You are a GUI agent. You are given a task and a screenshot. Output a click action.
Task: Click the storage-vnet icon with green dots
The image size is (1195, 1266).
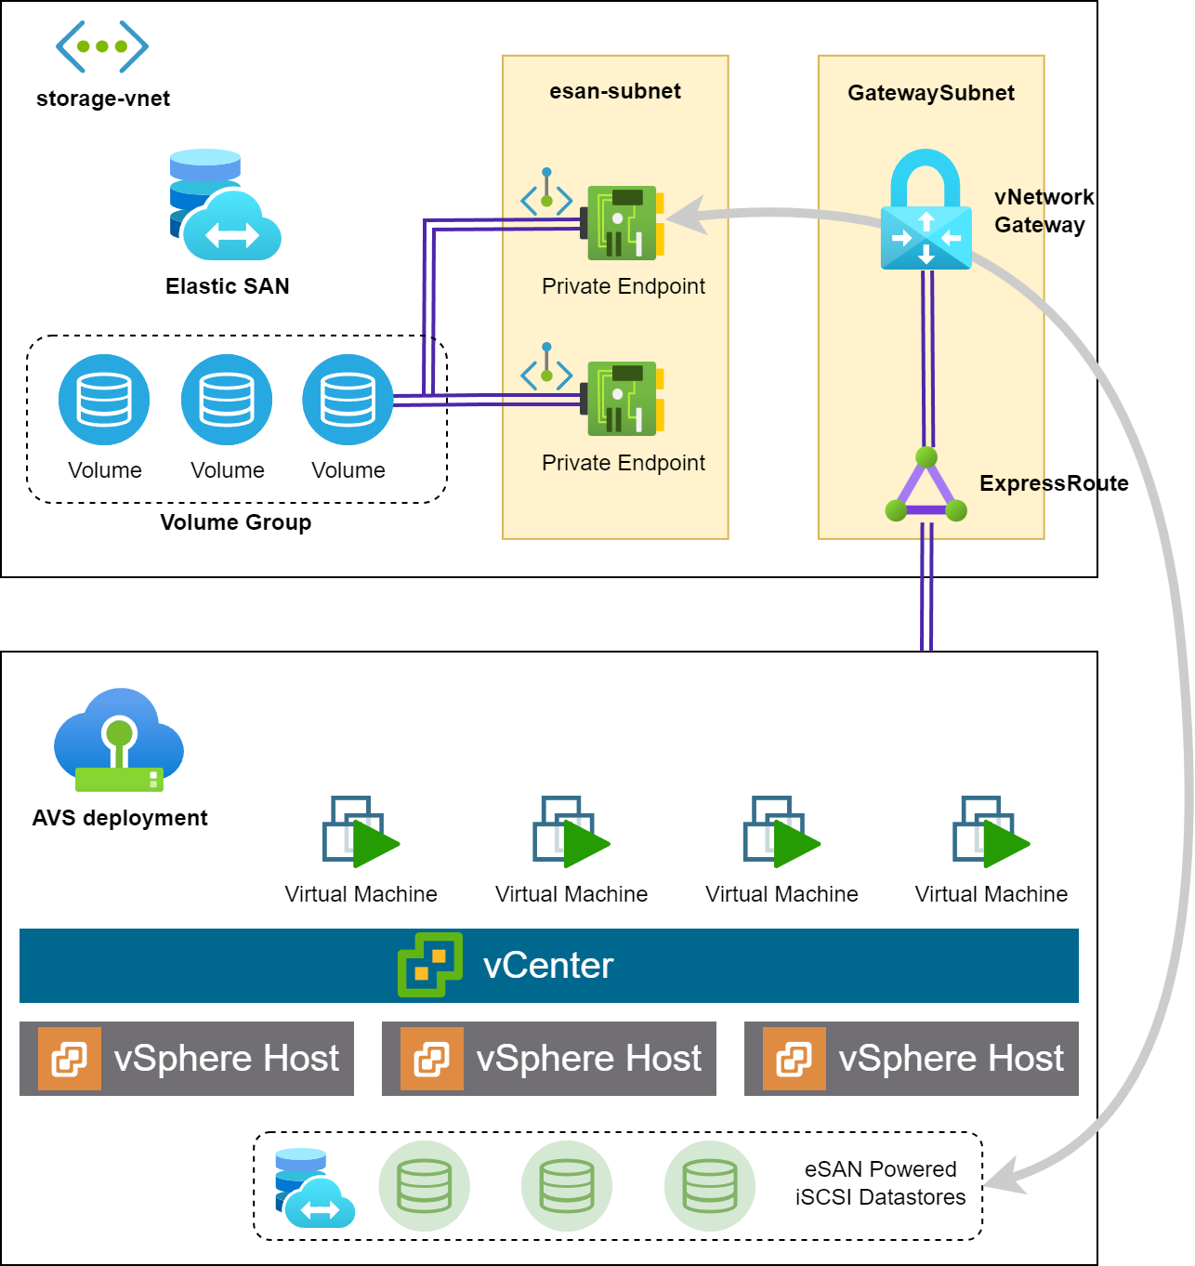[102, 46]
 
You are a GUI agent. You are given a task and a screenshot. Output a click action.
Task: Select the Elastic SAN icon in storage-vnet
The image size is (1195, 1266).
[225, 205]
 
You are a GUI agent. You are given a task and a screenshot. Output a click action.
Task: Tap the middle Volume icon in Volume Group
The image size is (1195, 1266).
[227, 400]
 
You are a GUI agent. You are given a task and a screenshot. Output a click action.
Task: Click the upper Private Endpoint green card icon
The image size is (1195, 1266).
[623, 223]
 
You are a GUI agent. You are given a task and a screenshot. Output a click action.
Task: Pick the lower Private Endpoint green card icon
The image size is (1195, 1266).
[623, 399]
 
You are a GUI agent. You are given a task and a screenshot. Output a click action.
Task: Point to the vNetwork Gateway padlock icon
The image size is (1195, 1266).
[926, 212]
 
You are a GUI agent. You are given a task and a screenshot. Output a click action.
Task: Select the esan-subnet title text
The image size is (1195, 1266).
[615, 91]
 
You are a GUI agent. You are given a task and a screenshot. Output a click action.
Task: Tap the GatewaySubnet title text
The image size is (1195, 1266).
[931, 93]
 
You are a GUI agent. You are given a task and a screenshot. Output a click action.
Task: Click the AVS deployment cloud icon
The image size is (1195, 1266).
[119, 740]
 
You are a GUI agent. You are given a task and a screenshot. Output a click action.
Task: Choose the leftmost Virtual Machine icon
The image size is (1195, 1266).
[361, 832]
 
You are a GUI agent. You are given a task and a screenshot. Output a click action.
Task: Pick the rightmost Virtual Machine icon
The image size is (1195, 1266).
[991, 832]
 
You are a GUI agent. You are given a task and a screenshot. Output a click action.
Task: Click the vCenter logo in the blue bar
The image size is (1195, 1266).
[430, 965]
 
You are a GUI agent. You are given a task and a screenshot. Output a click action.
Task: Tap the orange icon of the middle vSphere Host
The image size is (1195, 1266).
[432, 1059]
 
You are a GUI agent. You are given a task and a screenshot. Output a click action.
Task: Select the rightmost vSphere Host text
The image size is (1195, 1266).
[951, 1059]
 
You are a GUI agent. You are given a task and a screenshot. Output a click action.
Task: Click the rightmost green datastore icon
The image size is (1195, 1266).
[710, 1186]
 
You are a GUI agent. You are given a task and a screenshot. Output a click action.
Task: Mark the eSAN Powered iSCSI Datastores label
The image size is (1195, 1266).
[880, 1183]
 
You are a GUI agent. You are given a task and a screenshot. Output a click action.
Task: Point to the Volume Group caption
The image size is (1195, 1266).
[236, 522]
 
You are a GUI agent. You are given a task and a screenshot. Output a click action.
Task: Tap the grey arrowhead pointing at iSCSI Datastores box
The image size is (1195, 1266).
[1005, 1178]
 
